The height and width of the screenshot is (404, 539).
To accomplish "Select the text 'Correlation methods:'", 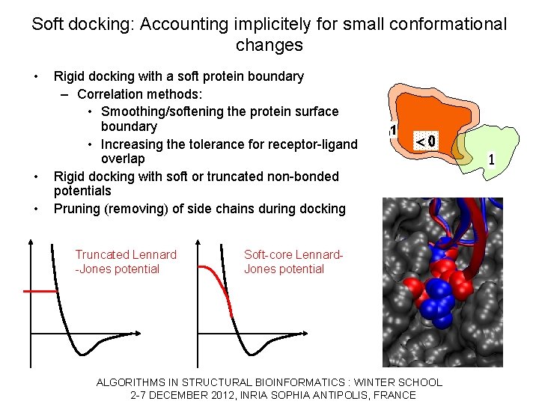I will pyautogui.click(x=139, y=94).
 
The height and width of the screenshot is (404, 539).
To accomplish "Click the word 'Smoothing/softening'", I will pyautogui.click(x=159, y=111).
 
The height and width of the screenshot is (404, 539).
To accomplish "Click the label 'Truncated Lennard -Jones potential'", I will pyautogui.click(x=126, y=262).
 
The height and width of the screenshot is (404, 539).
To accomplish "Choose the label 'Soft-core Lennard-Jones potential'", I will pyautogui.click(x=293, y=262).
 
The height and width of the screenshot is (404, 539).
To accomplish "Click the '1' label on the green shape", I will pyautogui.click(x=491, y=159).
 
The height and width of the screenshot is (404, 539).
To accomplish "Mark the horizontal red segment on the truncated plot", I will pyautogui.click(x=41, y=290).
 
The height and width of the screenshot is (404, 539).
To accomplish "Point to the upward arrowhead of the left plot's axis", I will pyautogui.click(x=31, y=241).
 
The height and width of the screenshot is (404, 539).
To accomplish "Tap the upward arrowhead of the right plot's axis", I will pyautogui.click(x=198, y=241).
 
